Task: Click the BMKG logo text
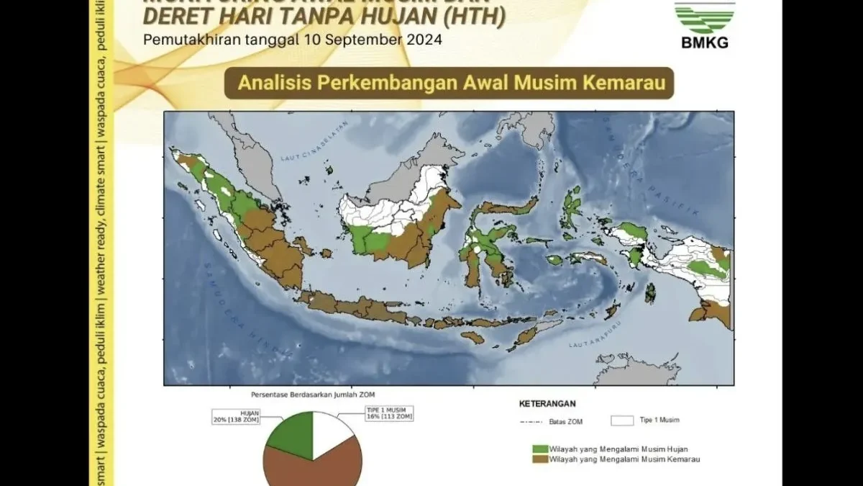point(704,42)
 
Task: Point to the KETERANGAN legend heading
point(547,404)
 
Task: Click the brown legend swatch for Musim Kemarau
point(539,459)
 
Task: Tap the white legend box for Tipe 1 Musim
point(621,420)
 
